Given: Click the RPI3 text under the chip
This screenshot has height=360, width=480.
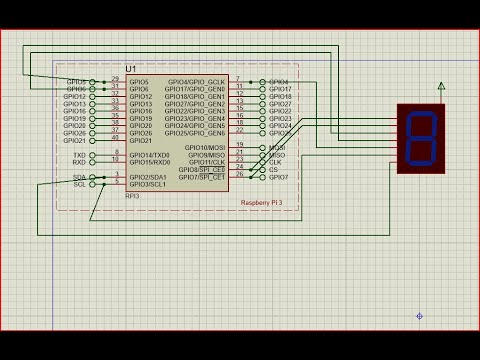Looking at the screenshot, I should click(x=132, y=195).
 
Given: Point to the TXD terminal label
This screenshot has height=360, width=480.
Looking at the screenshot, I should click(x=80, y=155).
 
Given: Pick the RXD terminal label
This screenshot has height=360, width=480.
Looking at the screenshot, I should click(x=80, y=162).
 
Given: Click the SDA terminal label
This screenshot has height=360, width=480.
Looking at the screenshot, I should click(x=80, y=177).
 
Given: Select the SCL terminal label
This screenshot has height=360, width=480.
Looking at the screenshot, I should click(x=80, y=184).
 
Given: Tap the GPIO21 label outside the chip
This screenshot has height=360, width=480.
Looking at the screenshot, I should click(x=76, y=140).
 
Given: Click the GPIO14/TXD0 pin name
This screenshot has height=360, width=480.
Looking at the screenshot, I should click(x=149, y=155).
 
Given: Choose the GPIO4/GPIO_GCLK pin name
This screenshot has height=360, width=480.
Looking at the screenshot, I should click(x=196, y=82).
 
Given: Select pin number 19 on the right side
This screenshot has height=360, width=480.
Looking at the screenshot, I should click(x=239, y=146).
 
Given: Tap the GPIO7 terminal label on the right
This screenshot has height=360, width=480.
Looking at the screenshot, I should click(x=279, y=177).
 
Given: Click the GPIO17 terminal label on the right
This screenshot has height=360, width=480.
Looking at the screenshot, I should click(x=280, y=89).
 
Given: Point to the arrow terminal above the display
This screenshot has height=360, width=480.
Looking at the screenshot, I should click(x=440, y=87).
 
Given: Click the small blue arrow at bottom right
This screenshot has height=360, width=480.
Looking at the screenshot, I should click(x=419, y=316).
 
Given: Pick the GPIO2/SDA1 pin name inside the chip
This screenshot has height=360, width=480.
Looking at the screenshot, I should click(x=148, y=177).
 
